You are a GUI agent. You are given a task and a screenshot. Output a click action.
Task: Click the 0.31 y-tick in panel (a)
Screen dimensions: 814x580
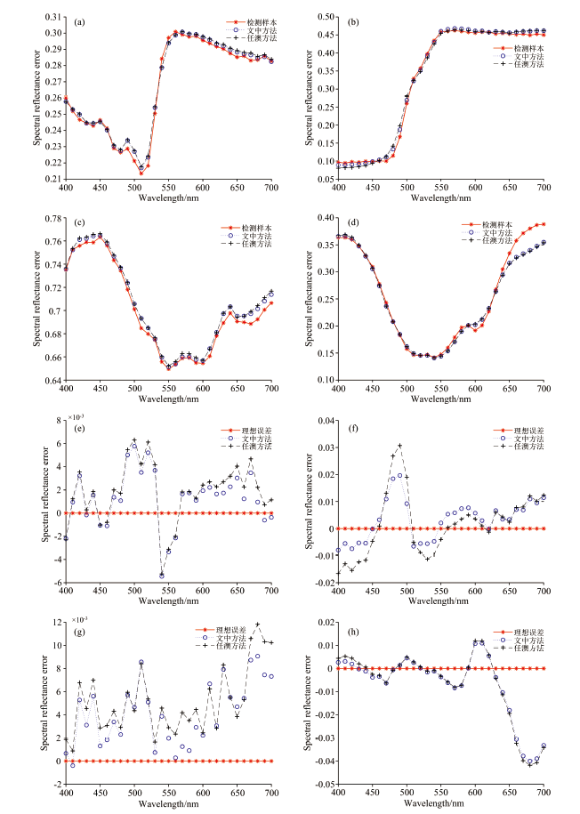[x=53, y=17]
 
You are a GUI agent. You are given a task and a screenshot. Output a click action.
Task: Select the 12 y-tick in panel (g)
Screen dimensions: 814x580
[x=57, y=622]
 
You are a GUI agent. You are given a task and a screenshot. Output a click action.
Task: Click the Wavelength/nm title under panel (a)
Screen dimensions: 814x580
[x=168, y=200]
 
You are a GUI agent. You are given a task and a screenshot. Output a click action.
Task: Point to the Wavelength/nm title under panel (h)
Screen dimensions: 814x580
[x=441, y=804]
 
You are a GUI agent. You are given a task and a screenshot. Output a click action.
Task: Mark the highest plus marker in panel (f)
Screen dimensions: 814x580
[x=400, y=446]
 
